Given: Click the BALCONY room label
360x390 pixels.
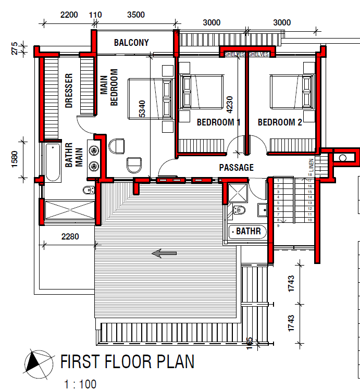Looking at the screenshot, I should click(x=131, y=43).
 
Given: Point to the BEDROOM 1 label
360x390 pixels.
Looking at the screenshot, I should click(x=218, y=123).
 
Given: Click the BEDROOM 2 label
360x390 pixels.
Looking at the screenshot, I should click(x=280, y=123).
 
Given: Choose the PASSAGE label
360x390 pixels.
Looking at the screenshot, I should click(x=236, y=168).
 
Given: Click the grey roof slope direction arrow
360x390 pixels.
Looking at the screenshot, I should click(x=164, y=254).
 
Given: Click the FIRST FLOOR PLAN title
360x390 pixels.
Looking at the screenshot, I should click(x=127, y=362).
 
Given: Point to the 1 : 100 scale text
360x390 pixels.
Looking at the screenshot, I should click(x=80, y=385).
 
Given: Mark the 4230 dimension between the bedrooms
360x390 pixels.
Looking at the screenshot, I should click(x=228, y=104).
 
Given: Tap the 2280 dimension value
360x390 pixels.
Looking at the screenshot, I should click(x=70, y=237).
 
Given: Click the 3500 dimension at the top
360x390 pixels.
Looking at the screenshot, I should click(x=135, y=15).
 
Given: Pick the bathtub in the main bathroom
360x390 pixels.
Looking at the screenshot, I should click(x=52, y=162).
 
